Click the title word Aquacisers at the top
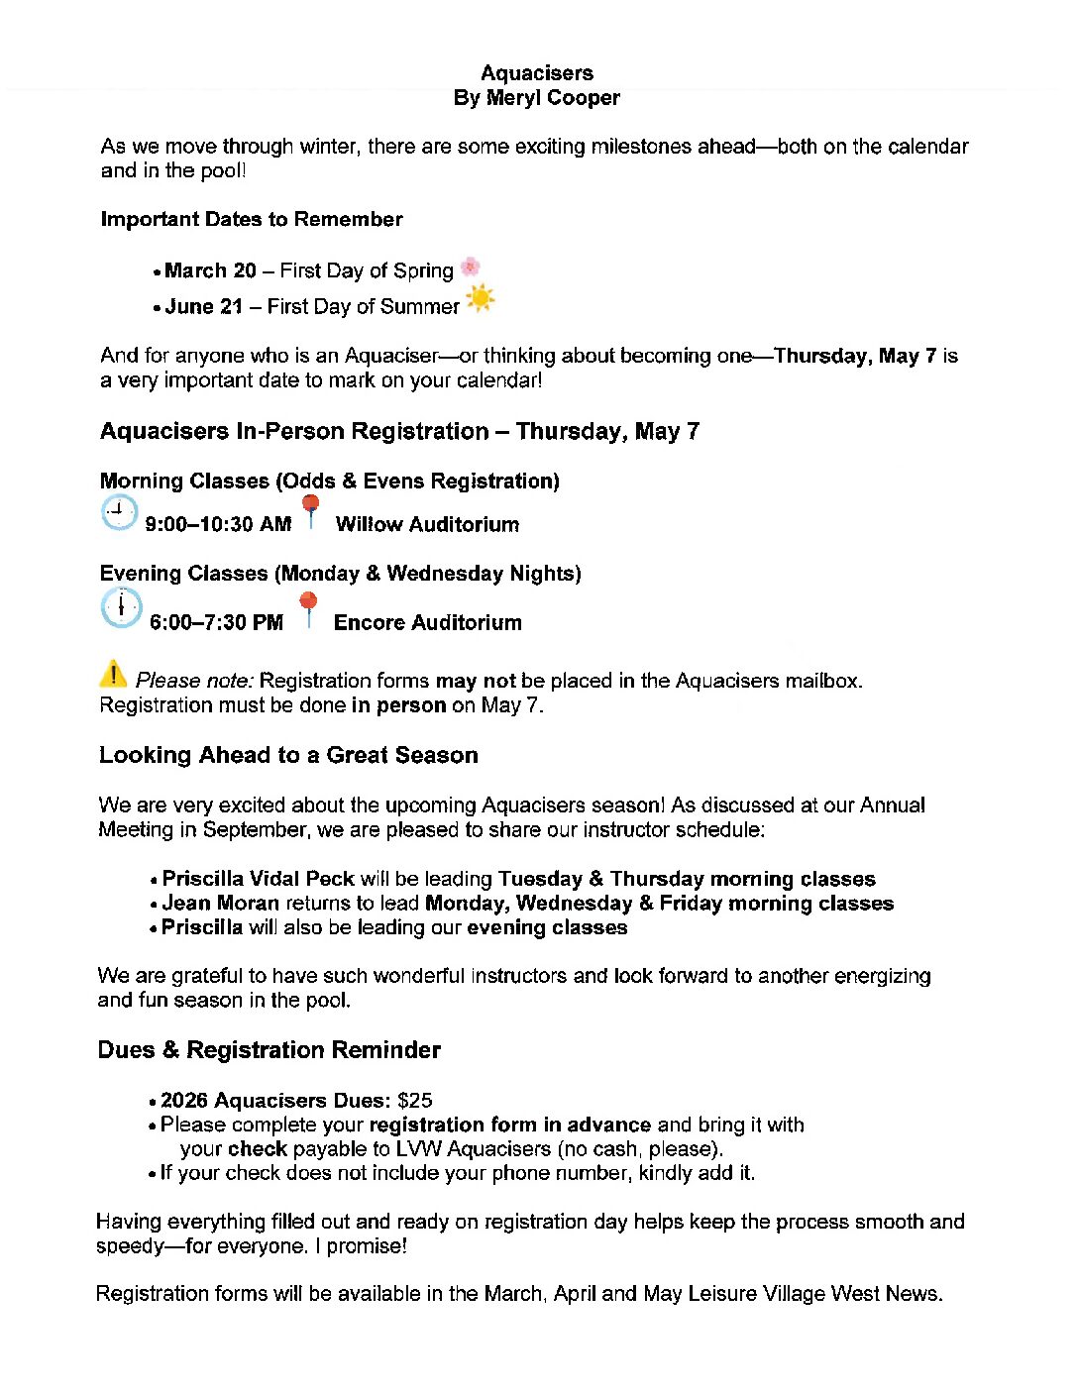[537, 73]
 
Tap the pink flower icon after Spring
[471, 267]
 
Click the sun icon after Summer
[480, 298]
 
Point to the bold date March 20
[210, 270]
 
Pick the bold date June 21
[203, 307]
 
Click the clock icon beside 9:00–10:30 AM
[119, 513]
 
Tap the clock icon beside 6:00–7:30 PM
[121, 607]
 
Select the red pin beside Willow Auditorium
[311, 510]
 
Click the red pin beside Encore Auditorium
[309, 607]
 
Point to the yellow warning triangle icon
[113, 674]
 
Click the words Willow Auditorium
[427, 525]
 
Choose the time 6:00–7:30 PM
[216, 623]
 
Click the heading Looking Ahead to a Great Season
[288, 756]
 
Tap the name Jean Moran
[220, 904]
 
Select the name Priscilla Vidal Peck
[258, 879]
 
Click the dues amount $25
[415, 1101]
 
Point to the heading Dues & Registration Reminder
[269, 1050]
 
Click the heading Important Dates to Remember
[252, 220]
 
